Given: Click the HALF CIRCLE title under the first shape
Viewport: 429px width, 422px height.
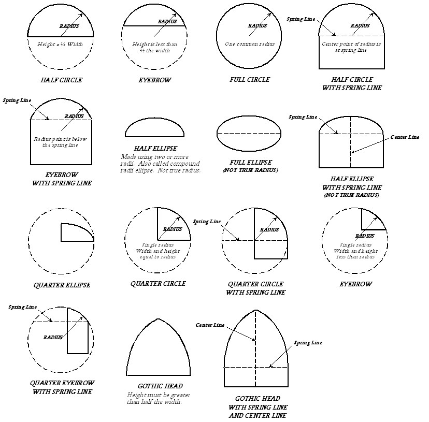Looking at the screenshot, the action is click(61, 80).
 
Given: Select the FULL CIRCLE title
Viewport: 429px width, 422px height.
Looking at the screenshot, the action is click(250, 80).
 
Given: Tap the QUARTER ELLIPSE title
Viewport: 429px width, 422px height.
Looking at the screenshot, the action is click(62, 285).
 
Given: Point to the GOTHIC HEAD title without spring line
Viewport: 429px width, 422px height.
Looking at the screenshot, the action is click(160, 386).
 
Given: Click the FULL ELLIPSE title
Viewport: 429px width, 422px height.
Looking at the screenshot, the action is click(250, 162).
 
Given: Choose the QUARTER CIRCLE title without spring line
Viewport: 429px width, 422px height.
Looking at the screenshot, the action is click(158, 284).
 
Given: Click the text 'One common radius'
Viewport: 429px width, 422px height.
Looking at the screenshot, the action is click(250, 44).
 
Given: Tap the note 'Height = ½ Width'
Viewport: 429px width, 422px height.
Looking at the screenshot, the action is click(60, 45).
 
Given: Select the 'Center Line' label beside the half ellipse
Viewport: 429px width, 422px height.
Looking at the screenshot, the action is click(405, 137).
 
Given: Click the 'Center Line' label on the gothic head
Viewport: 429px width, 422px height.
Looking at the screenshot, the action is click(210, 325).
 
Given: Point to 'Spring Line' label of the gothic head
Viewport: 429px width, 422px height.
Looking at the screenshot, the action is click(308, 343).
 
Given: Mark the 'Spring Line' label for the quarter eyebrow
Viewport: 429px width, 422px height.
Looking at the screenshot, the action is click(21, 307).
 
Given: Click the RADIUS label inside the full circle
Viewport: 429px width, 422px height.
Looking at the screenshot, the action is click(257, 26).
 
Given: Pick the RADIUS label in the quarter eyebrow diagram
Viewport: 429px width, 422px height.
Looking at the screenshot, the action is click(53, 337).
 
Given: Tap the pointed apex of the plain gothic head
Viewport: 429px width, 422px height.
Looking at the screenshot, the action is click(158, 319).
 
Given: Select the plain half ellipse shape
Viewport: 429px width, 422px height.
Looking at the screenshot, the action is click(158, 128).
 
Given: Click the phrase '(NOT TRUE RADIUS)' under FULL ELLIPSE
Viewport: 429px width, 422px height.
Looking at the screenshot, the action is click(250, 170).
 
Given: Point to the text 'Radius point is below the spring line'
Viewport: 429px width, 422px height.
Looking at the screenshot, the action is click(61, 142).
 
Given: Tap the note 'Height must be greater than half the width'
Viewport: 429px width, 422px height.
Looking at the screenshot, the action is click(154, 398).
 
